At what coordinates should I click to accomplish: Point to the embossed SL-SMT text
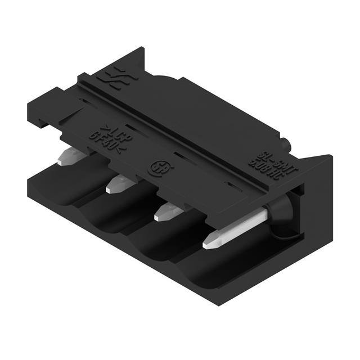click(x=269, y=155)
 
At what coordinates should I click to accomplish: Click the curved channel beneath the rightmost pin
click(x=225, y=270)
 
